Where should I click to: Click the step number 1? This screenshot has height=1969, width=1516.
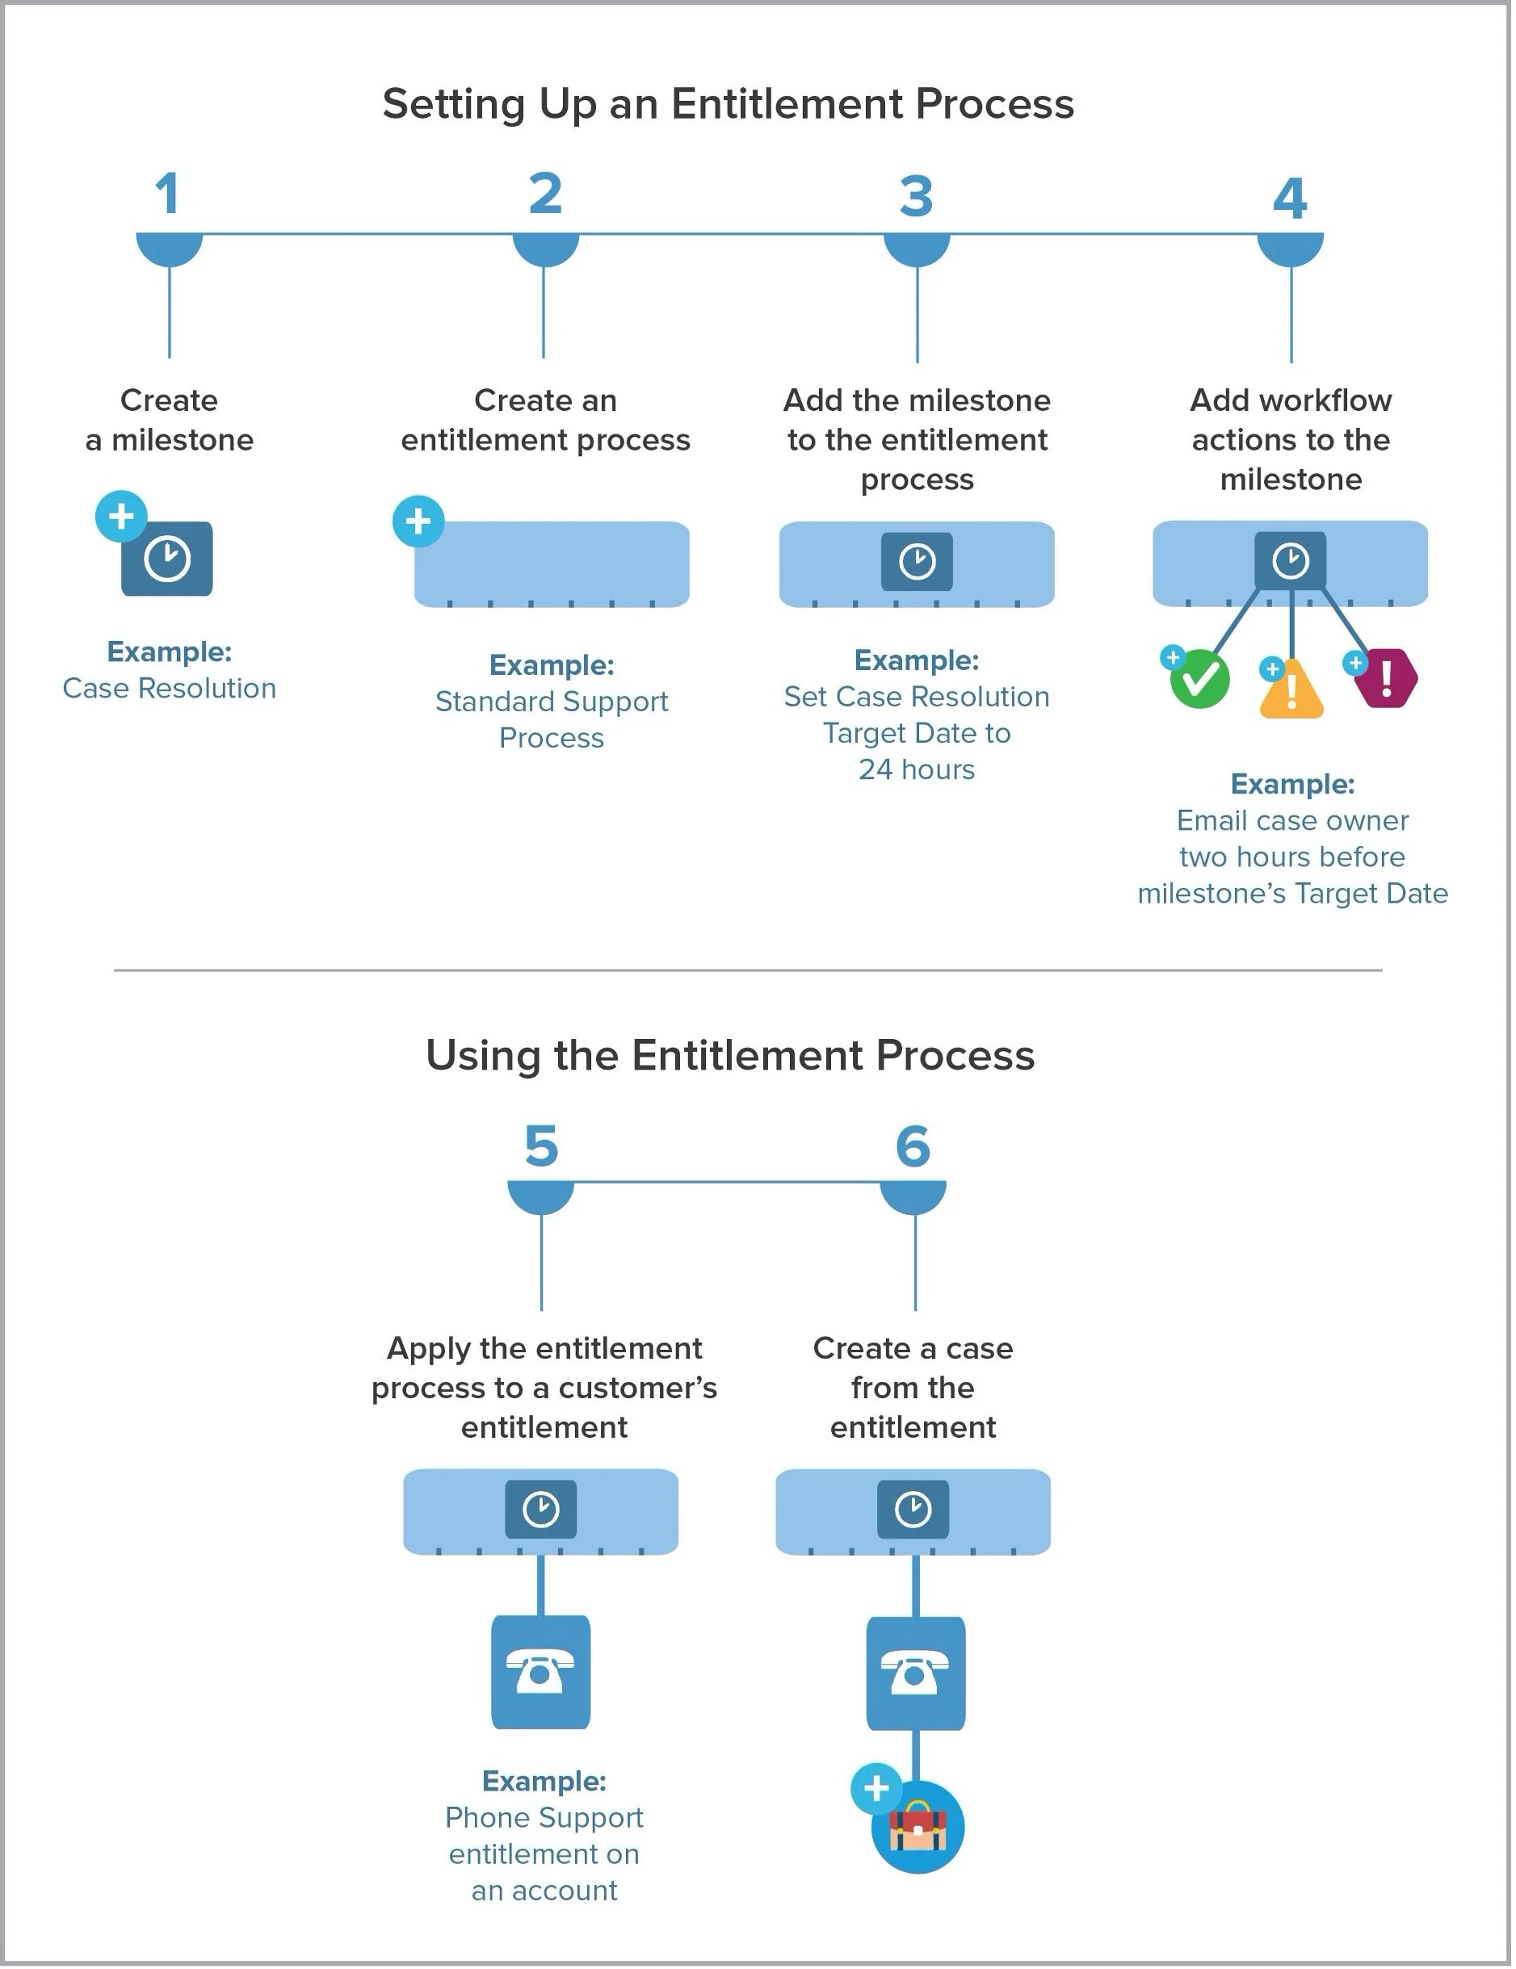(168, 194)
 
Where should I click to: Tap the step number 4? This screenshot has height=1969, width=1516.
(1290, 199)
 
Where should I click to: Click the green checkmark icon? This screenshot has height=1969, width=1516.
(1199, 679)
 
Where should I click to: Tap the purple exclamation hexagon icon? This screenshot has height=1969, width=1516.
(1386, 677)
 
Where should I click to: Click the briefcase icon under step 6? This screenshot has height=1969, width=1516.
(918, 1827)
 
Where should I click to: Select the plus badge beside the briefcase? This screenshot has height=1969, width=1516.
(876, 1788)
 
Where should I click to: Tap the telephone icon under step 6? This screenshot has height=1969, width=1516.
(914, 1673)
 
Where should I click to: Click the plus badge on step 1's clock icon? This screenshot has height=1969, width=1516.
(121, 517)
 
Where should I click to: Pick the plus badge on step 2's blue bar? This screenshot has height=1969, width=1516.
(418, 521)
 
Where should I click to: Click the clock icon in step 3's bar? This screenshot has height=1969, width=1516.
(916, 562)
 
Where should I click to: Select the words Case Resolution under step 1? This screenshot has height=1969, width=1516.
(170, 689)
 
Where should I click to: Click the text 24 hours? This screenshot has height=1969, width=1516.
(916, 770)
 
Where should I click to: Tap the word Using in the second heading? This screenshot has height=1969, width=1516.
(482, 1056)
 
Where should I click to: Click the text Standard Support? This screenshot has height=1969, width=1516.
(551, 702)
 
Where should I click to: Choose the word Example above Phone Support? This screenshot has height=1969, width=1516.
(544, 1781)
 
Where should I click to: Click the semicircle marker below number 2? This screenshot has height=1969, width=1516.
(544, 248)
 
